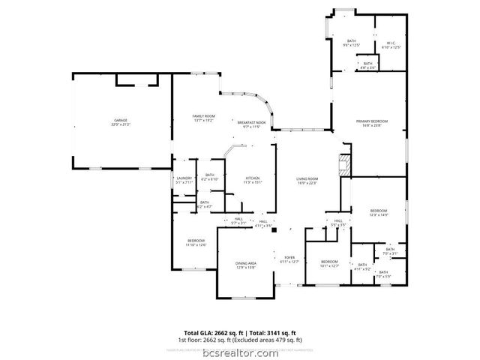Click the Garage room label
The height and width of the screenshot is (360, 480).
click(x=120, y=123)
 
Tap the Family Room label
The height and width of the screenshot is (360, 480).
click(x=204, y=118)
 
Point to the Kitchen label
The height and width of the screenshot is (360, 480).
click(x=252, y=179)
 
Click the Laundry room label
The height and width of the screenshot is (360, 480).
click(x=184, y=180)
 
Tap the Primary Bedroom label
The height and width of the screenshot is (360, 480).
click(x=372, y=123)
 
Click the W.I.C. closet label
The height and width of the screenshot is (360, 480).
click(x=391, y=44)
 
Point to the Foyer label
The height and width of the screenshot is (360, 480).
click(x=289, y=259)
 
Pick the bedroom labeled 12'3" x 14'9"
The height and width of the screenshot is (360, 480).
click(x=378, y=213)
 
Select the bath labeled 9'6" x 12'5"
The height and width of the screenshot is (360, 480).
click(x=352, y=43)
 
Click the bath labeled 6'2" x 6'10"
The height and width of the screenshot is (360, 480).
click(x=211, y=177)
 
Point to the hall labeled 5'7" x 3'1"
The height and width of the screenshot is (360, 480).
click(x=238, y=221)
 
